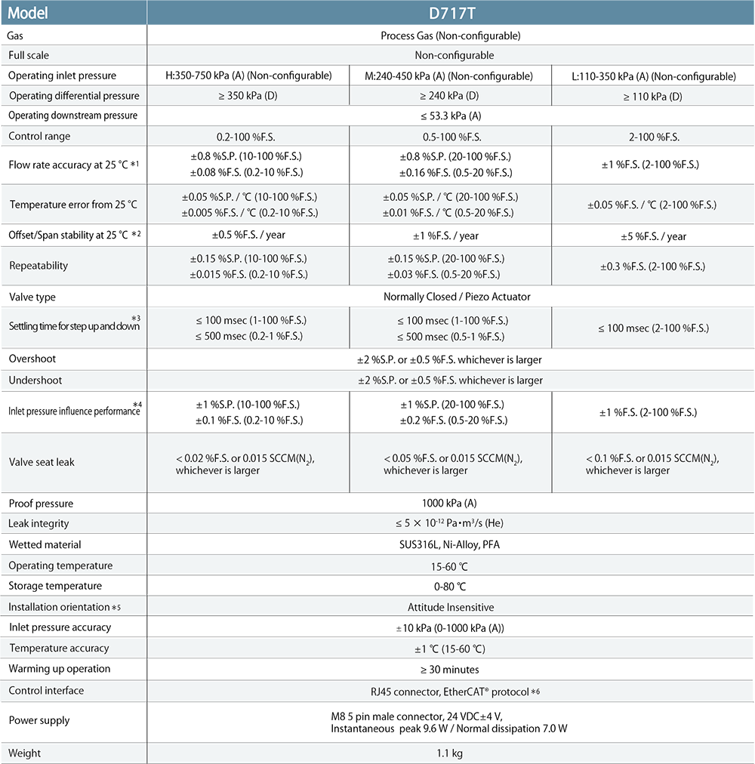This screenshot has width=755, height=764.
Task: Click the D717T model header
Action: (x=450, y=14)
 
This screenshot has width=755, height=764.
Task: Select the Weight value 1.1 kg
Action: (x=450, y=753)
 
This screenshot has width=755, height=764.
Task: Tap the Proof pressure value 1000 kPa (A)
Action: (x=450, y=504)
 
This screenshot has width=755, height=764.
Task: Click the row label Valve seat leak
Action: (x=42, y=462)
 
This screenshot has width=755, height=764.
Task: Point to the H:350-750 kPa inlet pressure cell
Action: (x=248, y=76)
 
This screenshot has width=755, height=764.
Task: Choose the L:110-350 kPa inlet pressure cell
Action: (x=653, y=76)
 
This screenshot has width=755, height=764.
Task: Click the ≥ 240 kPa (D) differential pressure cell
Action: (x=450, y=97)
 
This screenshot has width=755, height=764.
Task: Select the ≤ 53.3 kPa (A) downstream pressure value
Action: (x=450, y=116)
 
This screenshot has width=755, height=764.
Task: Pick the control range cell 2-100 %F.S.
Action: (x=653, y=137)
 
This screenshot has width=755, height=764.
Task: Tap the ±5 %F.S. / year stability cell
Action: (x=653, y=236)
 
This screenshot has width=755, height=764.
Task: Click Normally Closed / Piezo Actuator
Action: (x=450, y=297)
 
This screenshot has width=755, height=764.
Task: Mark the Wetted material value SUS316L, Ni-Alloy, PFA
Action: (x=450, y=544)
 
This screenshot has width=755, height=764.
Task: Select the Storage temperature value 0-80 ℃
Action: (x=450, y=586)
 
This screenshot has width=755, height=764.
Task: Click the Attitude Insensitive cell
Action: (x=450, y=607)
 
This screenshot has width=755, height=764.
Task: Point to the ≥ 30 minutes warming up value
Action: (x=450, y=669)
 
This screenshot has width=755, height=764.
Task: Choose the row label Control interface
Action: (x=46, y=691)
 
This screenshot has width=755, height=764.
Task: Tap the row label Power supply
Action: (x=39, y=721)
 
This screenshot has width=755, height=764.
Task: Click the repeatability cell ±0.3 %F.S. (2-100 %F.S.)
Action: (x=653, y=266)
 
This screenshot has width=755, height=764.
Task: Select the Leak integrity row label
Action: (x=39, y=524)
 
